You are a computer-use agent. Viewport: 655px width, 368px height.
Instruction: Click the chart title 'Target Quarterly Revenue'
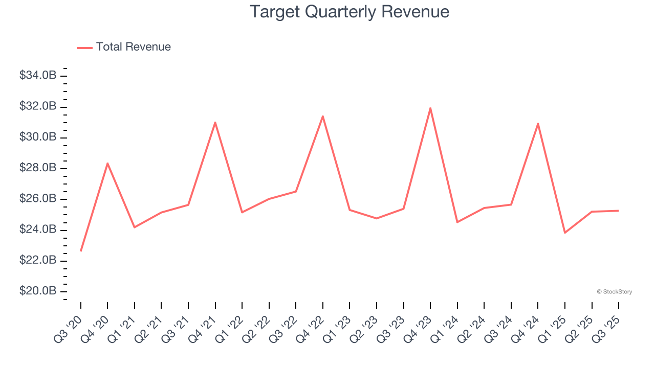[350, 12]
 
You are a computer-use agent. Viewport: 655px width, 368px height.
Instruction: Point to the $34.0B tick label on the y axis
[38, 76]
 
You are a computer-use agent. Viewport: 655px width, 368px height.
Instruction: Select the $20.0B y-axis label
[38, 291]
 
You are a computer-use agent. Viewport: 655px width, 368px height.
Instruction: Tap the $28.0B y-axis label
[38, 168]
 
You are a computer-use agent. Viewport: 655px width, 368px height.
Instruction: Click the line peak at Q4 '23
[430, 108]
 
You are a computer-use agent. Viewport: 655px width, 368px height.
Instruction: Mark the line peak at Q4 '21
[215, 122]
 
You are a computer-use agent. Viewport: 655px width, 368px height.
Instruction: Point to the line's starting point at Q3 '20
[81, 250]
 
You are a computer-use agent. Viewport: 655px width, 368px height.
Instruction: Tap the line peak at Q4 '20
[107, 163]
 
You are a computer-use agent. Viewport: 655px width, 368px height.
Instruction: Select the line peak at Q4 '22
[323, 116]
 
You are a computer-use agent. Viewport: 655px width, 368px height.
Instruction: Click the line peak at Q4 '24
[538, 124]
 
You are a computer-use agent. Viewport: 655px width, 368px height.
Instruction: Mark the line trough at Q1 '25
[565, 233]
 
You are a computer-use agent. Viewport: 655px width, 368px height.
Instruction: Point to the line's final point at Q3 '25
[619, 211]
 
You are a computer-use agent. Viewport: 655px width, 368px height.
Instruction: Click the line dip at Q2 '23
[377, 218]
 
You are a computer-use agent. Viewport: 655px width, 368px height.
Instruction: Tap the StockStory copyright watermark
[614, 292]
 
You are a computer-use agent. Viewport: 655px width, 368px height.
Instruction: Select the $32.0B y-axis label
[38, 106]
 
